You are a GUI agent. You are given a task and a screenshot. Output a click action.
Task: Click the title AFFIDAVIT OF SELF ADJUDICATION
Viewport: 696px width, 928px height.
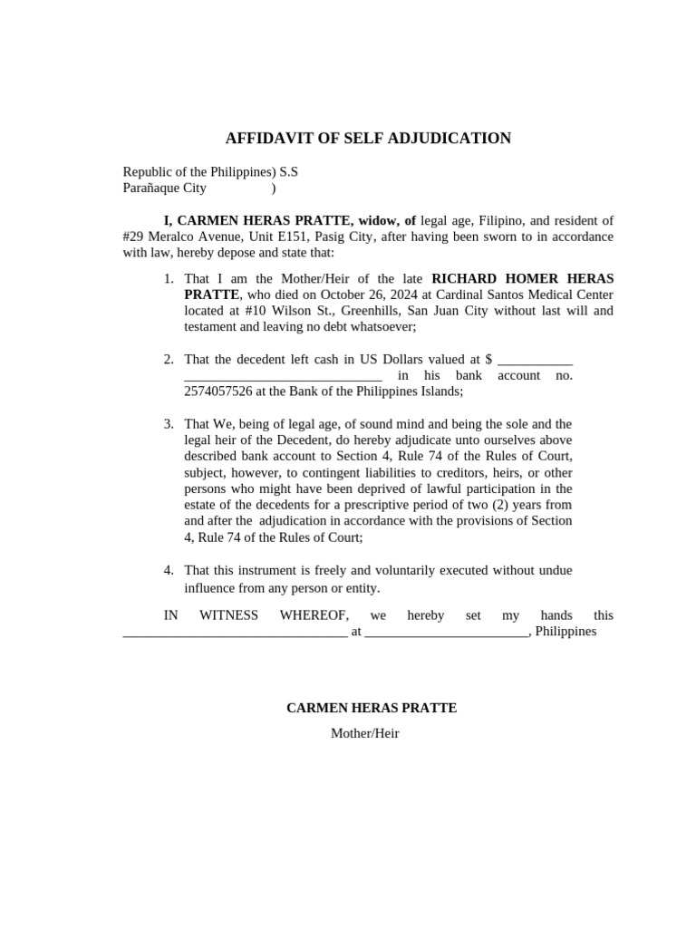pyautogui.click(x=368, y=139)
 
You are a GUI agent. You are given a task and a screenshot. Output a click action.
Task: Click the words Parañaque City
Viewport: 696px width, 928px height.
pyautogui.click(x=164, y=188)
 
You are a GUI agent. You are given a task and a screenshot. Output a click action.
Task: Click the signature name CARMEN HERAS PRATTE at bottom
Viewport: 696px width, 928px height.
pyautogui.click(x=372, y=708)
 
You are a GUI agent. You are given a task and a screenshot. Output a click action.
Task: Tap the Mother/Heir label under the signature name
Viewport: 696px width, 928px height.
pyautogui.click(x=364, y=733)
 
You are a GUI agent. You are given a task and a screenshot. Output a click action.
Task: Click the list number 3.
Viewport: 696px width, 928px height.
pyautogui.click(x=169, y=424)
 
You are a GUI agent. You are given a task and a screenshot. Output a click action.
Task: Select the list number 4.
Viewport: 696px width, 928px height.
pyautogui.click(x=169, y=570)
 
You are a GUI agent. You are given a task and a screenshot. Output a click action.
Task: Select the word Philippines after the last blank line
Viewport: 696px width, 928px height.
pyautogui.click(x=565, y=631)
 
